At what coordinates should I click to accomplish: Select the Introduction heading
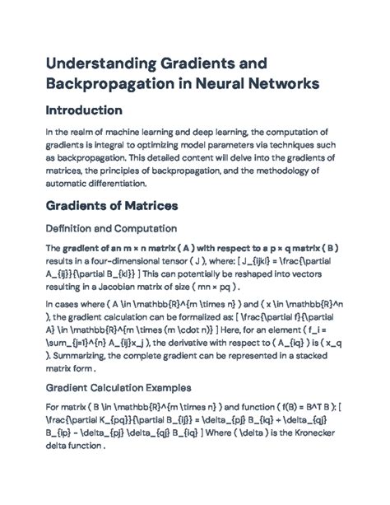(x=95, y=110)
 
